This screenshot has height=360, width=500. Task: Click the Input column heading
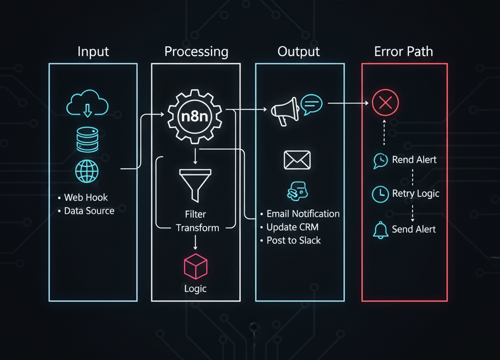tap(93, 52)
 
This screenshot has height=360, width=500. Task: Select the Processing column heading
tap(196, 52)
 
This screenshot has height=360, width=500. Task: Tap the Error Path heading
tap(403, 52)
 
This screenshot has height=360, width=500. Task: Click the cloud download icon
tap(87, 104)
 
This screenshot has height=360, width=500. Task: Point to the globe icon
tap(87, 171)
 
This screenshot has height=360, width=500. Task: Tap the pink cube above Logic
tap(195, 266)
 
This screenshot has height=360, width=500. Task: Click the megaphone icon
tap(284, 111)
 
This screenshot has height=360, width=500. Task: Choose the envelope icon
tap(297, 160)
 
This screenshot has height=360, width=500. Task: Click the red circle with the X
tap(385, 103)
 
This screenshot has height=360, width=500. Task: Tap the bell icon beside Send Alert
tap(380, 230)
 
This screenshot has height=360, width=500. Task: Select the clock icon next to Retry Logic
tap(379, 194)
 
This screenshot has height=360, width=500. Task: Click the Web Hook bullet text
tap(86, 198)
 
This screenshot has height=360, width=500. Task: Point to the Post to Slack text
tap(293, 240)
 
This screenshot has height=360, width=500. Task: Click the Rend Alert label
tap(414, 160)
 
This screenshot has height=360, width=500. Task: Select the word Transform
tap(197, 228)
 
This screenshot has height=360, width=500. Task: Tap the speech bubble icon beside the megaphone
tap(312, 104)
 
